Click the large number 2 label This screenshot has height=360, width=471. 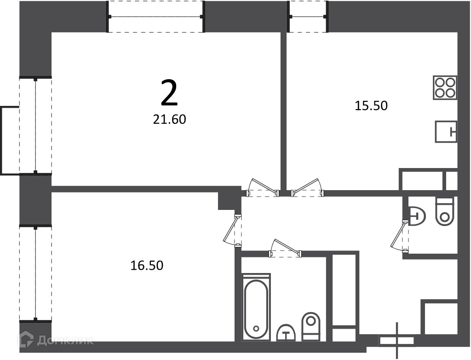pyautogui.click(x=169, y=93)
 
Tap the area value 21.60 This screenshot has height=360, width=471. pyautogui.click(x=169, y=120)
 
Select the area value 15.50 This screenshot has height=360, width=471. pyautogui.click(x=371, y=105)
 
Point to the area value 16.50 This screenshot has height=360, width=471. pyautogui.click(x=147, y=265)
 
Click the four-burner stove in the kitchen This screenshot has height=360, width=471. pyautogui.click(x=445, y=87)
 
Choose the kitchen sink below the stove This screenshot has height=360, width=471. pyautogui.click(x=446, y=131)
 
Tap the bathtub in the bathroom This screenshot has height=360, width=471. pyautogui.click(x=256, y=307)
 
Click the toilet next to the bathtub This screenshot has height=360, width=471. pyautogui.click(x=311, y=326)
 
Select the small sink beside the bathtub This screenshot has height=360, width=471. pyautogui.click(x=286, y=333)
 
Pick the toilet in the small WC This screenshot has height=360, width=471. pyautogui.click(x=445, y=211)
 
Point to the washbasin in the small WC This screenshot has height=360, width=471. pyautogui.click(x=418, y=216)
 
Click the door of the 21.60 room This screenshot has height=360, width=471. pyautogui.click(x=263, y=188)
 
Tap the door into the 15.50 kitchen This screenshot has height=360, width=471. pyautogui.click(x=308, y=188)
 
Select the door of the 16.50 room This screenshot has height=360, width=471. pyautogui.click(x=232, y=230)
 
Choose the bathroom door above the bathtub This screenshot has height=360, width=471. pyautogui.click(x=285, y=248)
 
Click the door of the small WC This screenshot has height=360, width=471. pyautogui.click(x=400, y=236)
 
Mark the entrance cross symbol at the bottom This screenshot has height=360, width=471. pyautogui.click(x=397, y=341)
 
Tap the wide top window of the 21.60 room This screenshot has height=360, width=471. pyautogui.click(x=156, y=17)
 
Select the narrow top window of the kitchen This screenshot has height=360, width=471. pyautogui.click(x=308, y=17)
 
